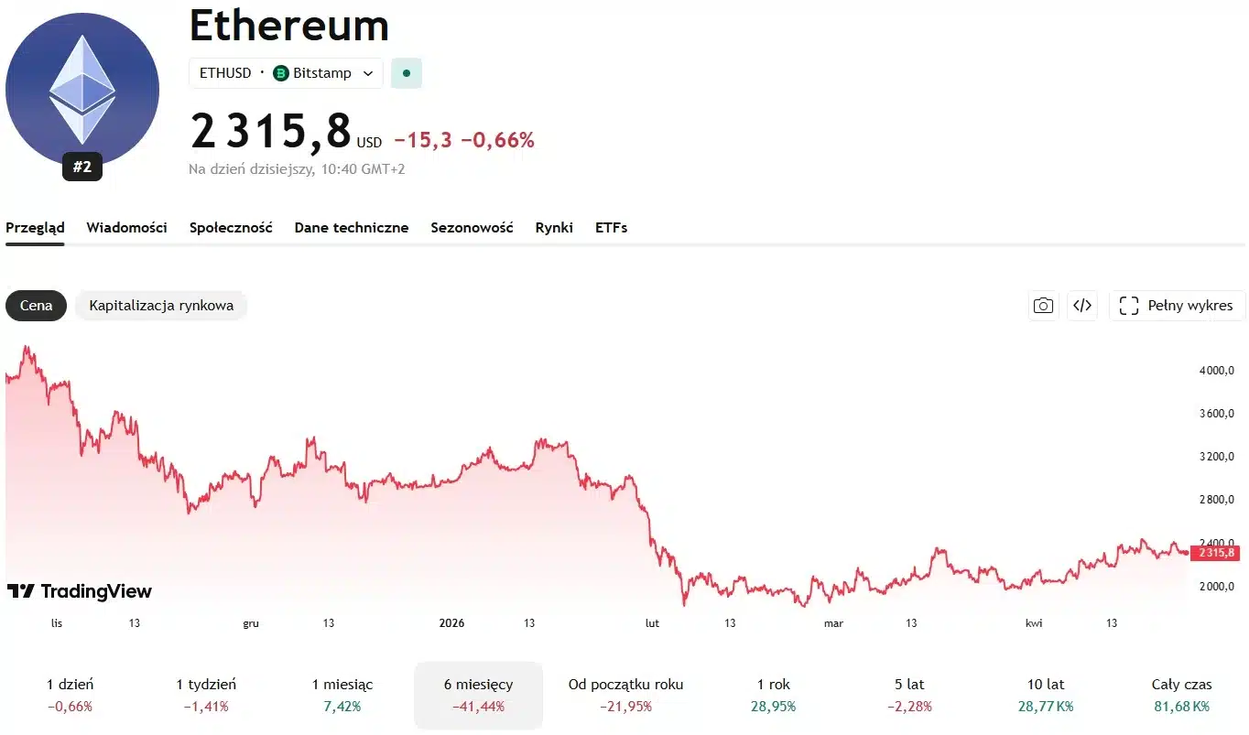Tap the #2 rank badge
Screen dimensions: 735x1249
(x=82, y=167)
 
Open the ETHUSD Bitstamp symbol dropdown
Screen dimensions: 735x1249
(x=286, y=73)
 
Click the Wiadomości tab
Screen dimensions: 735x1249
(x=126, y=228)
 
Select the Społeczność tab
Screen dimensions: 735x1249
(x=231, y=228)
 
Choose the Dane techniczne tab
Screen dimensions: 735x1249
(x=352, y=228)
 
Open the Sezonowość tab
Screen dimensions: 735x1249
(x=472, y=228)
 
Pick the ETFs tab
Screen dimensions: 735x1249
(x=611, y=228)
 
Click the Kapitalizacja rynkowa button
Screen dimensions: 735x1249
(x=161, y=306)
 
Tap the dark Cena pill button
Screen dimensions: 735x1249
(x=37, y=306)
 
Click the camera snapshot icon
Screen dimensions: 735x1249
(x=1043, y=306)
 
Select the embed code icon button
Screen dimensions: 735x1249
(x=1082, y=306)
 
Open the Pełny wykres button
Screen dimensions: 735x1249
(x=1177, y=306)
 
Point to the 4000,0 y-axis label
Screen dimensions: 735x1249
(x=1216, y=371)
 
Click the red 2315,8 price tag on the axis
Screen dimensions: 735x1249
(x=1214, y=553)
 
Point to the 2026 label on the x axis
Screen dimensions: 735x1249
(x=451, y=623)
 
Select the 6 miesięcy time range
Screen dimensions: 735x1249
(x=478, y=695)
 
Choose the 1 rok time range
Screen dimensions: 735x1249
(x=774, y=695)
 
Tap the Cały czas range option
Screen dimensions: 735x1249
(x=1181, y=695)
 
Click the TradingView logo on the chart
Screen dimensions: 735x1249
(x=80, y=591)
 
